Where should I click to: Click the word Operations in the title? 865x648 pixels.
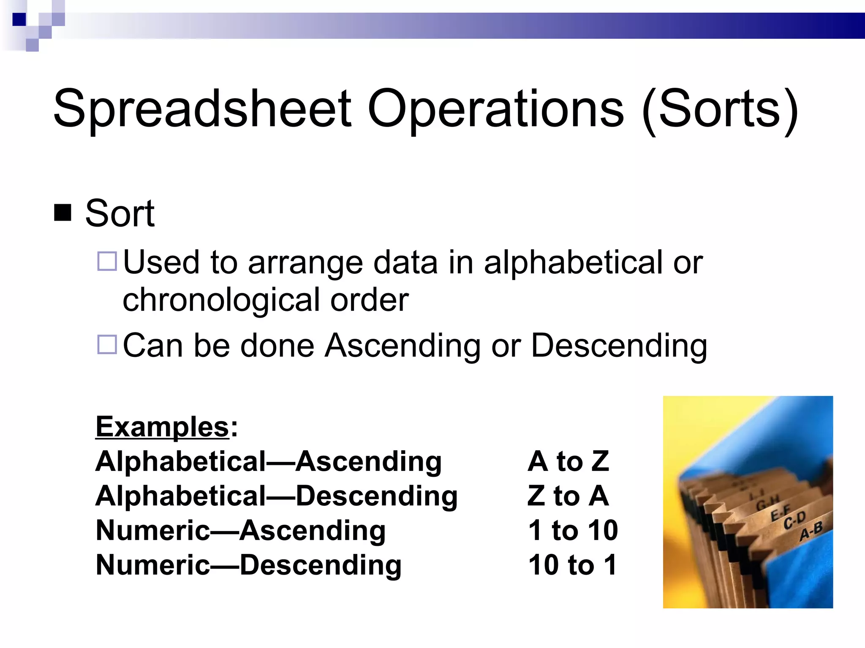click(495, 109)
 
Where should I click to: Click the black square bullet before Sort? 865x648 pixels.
click(63, 213)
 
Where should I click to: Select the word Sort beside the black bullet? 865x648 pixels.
click(120, 213)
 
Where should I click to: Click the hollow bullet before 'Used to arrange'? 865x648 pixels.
click(107, 261)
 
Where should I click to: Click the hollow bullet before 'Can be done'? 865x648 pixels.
click(107, 344)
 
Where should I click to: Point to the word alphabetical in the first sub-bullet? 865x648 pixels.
click(573, 262)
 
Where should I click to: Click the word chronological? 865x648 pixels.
click(221, 300)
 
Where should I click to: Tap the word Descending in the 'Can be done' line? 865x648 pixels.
click(618, 346)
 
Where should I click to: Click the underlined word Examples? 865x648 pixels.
click(163, 427)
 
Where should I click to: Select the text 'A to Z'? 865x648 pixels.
click(568, 461)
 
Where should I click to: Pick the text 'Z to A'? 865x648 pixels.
click(568, 496)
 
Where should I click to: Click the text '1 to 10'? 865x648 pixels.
click(573, 530)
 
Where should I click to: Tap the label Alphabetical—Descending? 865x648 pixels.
click(277, 496)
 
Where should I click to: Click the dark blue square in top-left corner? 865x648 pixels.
click(19, 19)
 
